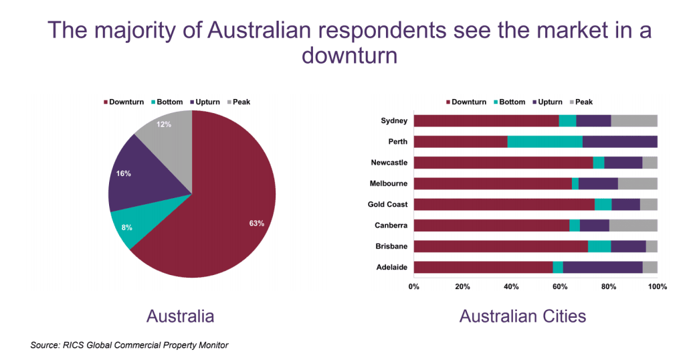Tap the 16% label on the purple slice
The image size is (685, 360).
123,173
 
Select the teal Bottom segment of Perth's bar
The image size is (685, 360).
545,142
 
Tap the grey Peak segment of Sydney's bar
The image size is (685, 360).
634,121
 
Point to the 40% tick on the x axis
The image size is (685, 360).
511,286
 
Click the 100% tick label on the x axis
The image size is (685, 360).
658,286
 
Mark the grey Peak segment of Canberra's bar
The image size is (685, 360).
633,226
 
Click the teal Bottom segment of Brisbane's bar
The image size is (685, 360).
599,246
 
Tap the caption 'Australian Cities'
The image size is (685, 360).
522,316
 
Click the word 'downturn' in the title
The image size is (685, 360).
349,56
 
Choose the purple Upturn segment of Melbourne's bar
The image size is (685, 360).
598,183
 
